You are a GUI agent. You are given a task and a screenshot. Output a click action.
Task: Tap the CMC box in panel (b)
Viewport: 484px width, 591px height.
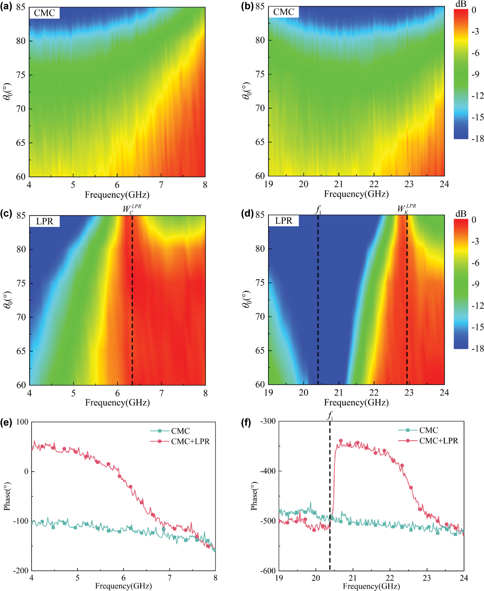pos(283,12)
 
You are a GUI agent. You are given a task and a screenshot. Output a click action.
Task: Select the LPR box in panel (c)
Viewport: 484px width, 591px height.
pos(45,222)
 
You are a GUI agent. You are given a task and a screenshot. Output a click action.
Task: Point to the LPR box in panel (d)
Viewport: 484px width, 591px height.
pos(283,221)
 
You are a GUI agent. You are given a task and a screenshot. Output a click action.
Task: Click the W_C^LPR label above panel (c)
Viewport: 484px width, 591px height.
pos(132,209)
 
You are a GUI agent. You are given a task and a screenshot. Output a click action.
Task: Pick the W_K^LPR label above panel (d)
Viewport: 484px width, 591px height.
pos(406,208)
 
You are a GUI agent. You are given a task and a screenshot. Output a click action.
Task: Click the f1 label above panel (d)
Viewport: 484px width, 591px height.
pos(318,209)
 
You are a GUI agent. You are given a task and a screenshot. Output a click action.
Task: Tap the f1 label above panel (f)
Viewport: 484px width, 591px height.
pos(330,416)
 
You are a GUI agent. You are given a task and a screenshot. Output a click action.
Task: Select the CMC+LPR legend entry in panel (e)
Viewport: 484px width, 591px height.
pos(190,442)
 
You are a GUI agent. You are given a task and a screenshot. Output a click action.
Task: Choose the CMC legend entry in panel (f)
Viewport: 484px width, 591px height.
pos(428,430)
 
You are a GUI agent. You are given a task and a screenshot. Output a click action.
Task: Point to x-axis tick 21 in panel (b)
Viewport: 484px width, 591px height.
pos(339,184)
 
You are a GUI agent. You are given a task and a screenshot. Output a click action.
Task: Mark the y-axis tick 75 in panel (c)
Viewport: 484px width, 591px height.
pos(21,283)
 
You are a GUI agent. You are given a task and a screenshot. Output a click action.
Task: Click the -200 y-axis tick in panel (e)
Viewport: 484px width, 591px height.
pos(21,571)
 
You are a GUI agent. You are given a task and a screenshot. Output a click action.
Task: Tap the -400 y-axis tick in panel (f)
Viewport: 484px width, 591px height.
pos(267,471)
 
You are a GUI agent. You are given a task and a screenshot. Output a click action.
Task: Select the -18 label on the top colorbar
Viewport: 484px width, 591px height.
pos(477,139)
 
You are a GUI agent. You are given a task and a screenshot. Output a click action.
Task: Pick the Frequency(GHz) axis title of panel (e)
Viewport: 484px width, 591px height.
pos(123,586)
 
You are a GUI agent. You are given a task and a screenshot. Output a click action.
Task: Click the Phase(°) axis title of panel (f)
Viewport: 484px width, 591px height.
pos(254,496)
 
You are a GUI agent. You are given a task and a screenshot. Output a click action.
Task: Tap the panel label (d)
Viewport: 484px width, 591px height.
pos(247,214)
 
